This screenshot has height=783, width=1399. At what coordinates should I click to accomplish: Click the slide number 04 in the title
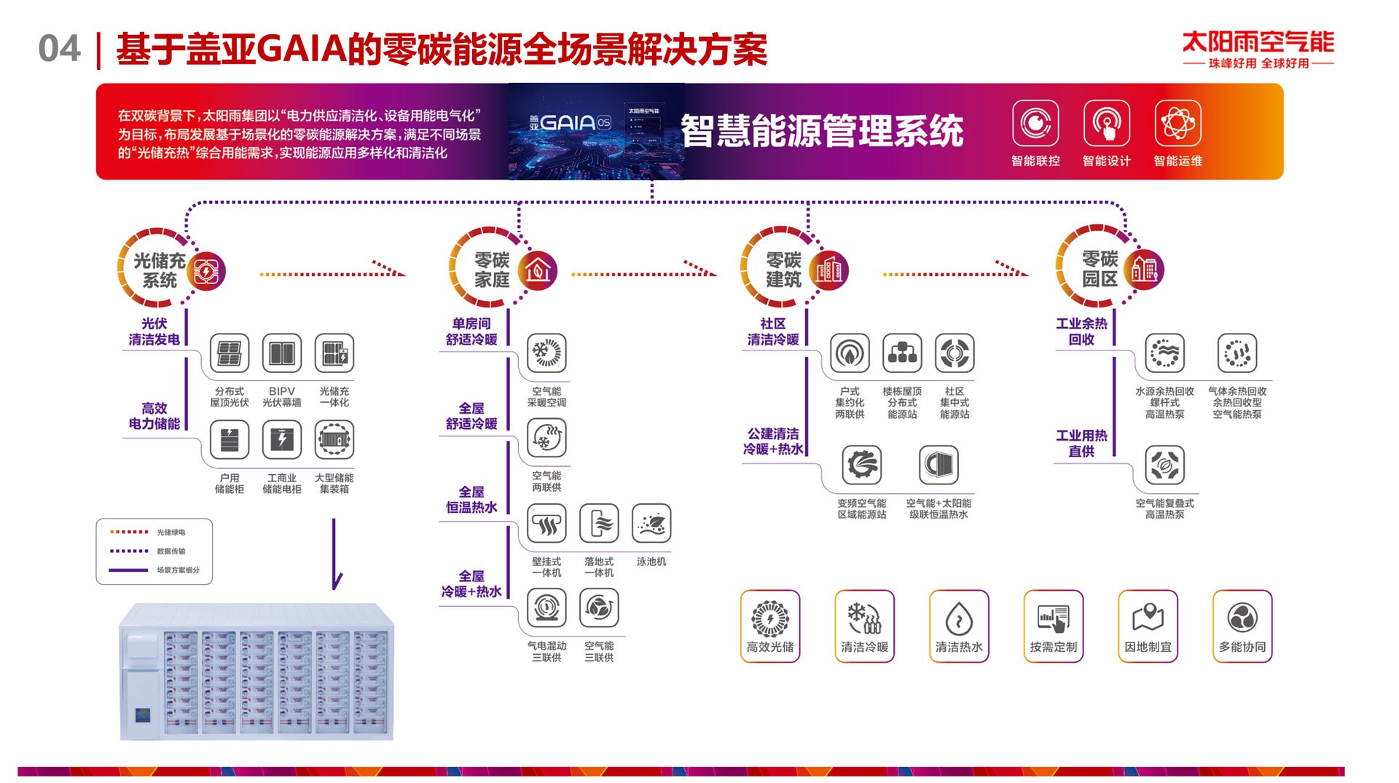point(58,50)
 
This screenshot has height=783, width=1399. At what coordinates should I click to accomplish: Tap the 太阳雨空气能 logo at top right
point(1258,49)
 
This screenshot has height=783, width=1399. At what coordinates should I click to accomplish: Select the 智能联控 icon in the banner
point(1035,123)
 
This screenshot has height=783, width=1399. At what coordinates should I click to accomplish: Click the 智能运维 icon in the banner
point(1177,123)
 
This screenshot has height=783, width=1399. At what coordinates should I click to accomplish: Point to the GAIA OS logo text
point(571,122)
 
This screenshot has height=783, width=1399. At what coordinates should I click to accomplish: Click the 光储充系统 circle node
point(160,270)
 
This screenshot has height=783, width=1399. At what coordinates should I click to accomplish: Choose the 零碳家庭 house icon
point(538,270)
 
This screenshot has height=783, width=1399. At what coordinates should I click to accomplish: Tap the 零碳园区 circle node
point(1100,269)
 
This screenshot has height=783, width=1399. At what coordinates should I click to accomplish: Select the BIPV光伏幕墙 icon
point(282,353)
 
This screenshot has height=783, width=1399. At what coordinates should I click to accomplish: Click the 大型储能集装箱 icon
point(334,440)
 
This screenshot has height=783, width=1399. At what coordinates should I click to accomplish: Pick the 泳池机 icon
point(651,524)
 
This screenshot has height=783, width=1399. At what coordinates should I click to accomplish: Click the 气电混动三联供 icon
point(546,608)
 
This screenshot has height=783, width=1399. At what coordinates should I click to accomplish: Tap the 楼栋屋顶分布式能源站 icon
point(902,353)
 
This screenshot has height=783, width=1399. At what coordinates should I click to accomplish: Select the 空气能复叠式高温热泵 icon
point(1164,465)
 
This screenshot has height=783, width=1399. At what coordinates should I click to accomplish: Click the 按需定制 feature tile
point(1053,626)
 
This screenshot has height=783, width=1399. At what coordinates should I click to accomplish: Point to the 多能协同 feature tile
point(1242,626)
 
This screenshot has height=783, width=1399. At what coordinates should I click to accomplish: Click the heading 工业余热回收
point(1081,331)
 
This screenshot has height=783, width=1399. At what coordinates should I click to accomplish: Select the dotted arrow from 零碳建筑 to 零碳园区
point(955,272)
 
